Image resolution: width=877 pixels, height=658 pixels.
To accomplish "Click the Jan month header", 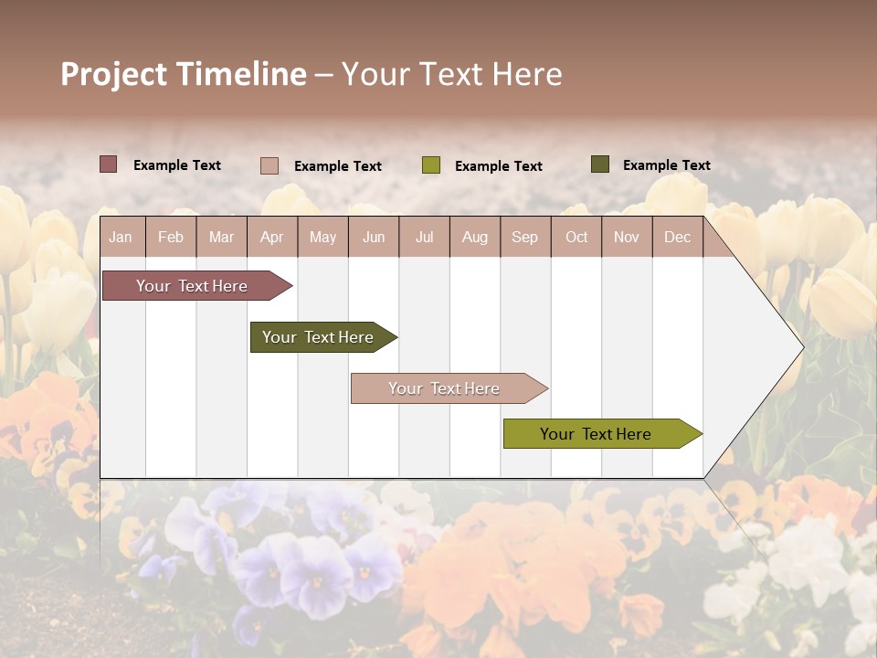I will coord(121,237).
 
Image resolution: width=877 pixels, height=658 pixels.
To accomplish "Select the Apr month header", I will coord(271,237).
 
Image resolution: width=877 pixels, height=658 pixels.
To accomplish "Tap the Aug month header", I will coord(474,237).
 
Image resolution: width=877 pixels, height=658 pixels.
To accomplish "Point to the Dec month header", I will coord(677,237).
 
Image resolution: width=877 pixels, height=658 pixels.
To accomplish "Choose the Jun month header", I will coord(374,237).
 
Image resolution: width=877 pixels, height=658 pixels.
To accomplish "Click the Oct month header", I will coord(576,237).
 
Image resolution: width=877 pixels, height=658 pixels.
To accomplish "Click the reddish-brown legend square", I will coord(108,164).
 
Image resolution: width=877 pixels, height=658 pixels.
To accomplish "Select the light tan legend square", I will coord(269,165).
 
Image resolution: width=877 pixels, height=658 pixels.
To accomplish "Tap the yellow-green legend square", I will coord(430,165).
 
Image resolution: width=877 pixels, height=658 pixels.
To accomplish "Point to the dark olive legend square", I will coord(599,164).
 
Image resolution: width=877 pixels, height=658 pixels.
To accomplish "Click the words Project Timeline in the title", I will coord(183,74).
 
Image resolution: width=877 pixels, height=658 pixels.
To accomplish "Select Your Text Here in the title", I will coord(451,74).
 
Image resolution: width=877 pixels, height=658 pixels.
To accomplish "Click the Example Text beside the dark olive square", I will coord(666,165).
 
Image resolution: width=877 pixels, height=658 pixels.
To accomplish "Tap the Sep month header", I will coord(524,237).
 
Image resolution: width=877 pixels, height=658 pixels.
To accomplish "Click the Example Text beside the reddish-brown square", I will coord(176,165).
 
